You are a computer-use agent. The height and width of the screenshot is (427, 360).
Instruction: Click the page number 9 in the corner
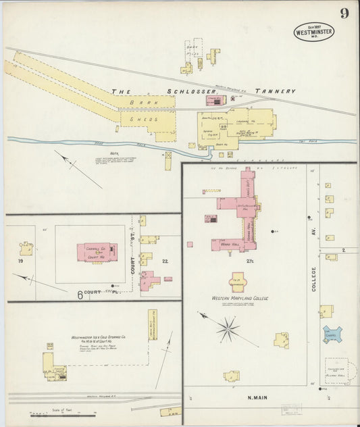pos(344,14)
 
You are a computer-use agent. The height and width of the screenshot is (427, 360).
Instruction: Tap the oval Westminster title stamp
pos(313,31)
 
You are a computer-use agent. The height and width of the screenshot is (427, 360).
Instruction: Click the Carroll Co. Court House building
pos(97,253)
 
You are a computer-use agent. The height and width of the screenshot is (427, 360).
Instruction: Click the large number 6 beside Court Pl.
pos(79,295)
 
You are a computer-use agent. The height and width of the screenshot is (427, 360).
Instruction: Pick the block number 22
pos(165,261)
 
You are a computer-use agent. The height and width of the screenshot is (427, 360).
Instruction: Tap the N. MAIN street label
pos(259,398)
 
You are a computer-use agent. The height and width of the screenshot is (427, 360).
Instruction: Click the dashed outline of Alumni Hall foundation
pos(336,370)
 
